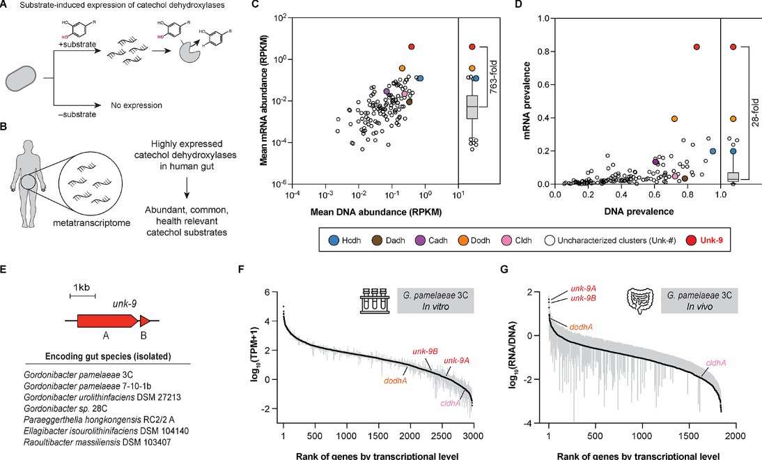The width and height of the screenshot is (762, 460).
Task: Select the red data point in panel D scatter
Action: pos(599,47)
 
